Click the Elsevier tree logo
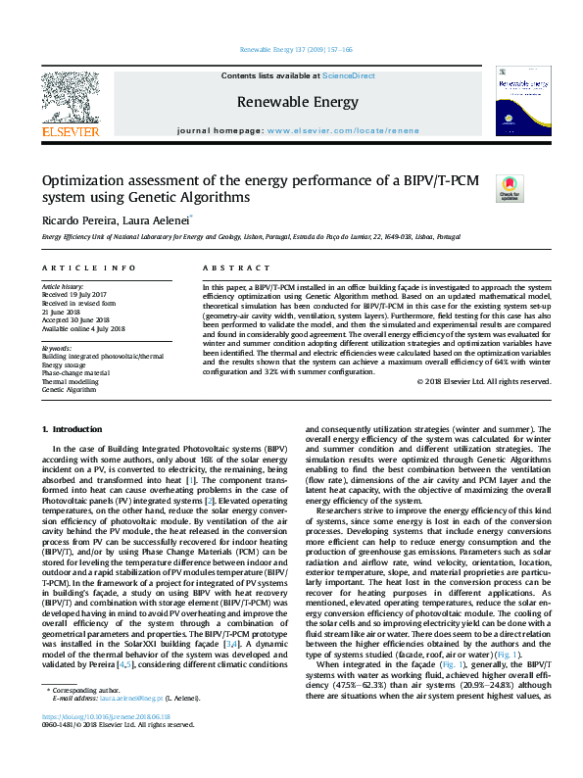(70, 95)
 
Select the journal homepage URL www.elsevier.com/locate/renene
(343, 130)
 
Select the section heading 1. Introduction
(74, 430)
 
